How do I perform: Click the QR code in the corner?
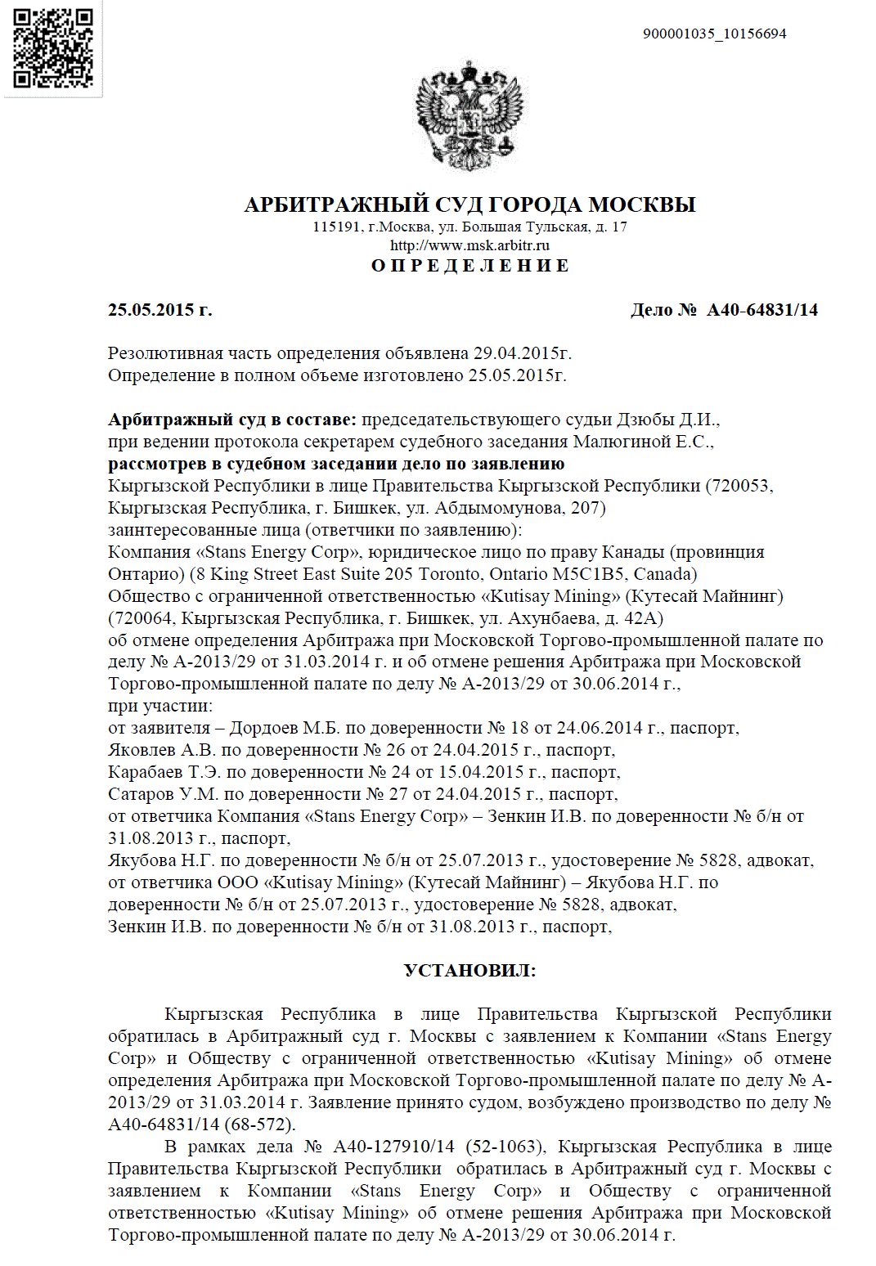point(53,48)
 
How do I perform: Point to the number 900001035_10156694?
point(714,34)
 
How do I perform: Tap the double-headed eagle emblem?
point(469,117)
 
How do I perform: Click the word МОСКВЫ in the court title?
point(642,204)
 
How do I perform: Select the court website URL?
point(469,245)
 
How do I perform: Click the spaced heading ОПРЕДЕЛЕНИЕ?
point(470,266)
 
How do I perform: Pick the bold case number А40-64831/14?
point(762,310)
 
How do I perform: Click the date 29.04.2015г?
point(522,353)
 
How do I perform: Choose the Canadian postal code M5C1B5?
point(585,574)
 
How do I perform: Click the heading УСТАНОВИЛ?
point(470,971)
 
